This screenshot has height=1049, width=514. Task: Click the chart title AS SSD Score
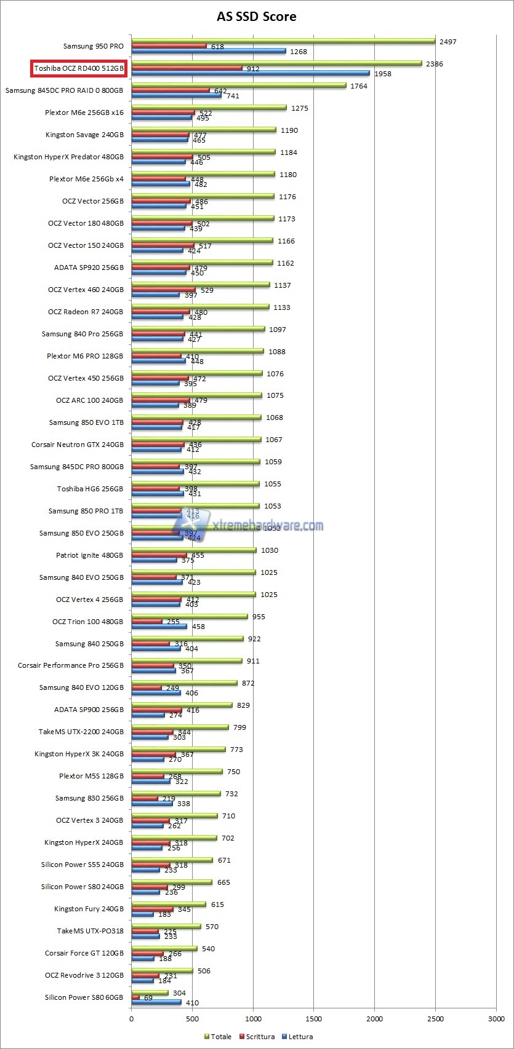tap(257, 17)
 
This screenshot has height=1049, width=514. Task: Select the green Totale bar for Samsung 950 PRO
tap(283, 41)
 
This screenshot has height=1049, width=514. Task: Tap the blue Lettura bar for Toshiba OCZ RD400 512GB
tap(250, 73)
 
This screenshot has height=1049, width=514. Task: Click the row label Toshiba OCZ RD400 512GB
tap(79, 68)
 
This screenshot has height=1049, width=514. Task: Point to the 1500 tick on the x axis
tap(314, 1019)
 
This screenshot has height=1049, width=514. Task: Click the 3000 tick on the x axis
tap(496, 1019)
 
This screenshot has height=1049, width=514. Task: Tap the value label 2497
tap(448, 42)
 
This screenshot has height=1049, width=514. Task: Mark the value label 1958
tap(382, 74)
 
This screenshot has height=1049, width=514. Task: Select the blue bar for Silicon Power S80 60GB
tap(156, 1002)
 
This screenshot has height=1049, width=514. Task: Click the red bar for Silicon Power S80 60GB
tap(135, 997)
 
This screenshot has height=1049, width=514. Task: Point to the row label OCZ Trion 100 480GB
tap(87, 622)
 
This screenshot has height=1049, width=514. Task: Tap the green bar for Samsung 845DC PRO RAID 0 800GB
tap(239, 85)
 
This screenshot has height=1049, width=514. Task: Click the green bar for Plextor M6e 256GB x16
tap(209, 108)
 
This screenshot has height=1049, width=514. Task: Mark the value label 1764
tap(359, 86)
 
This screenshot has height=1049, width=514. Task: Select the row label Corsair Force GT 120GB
tap(84, 953)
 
